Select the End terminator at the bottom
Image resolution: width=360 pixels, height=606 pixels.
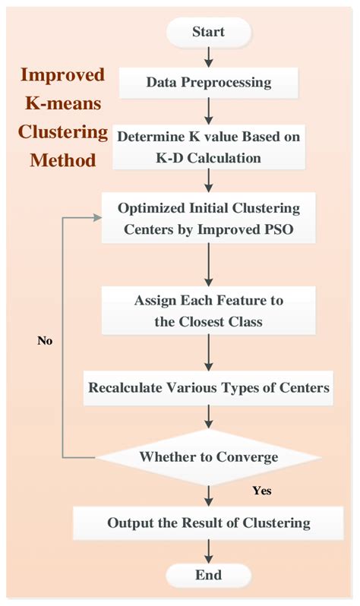coord(209,574)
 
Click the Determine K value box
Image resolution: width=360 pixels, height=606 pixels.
coord(209,147)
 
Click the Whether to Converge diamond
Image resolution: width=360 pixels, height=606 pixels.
coord(208,457)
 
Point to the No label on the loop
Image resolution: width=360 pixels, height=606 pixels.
coord(45,341)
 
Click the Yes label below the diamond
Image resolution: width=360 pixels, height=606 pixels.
coord(261,491)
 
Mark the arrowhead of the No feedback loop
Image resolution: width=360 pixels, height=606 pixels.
coord(98,217)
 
